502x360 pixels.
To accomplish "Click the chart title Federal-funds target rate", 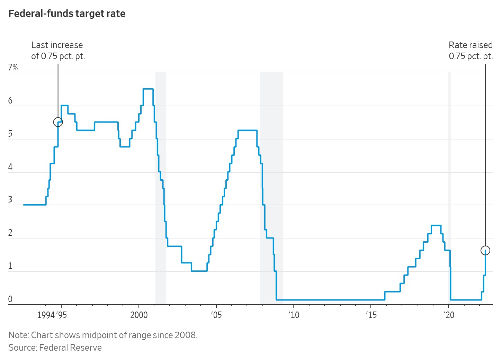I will tap(67, 14).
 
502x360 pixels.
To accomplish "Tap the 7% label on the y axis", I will tap(13, 67).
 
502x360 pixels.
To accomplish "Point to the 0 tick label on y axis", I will tap(10, 299).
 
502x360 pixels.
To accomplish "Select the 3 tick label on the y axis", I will tap(10, 200).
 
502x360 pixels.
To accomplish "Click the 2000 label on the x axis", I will tap(139, 315).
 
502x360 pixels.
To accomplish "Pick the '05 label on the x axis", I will tap(216, 315).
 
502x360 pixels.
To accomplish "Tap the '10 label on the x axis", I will tap(294, 315).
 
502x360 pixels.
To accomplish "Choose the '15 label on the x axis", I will tap(371, 315).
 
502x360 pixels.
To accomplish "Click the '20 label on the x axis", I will tap(449, 315).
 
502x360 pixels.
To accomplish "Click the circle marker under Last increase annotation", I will tap(58, 122).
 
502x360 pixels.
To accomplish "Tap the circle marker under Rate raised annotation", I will tap(485, 250).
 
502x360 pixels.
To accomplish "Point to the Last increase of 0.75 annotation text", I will tap(58, 51).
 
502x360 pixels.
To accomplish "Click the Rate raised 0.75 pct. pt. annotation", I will tap(470, 51).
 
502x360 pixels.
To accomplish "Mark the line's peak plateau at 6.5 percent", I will tap(148, 89).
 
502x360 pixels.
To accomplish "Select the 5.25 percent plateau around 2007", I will tap(248, 130).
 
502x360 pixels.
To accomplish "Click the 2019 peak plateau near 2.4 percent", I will tap(436, 225).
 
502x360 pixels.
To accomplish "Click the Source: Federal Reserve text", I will tap(55, 348).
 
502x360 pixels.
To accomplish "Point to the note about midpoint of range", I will tap(103, 335).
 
